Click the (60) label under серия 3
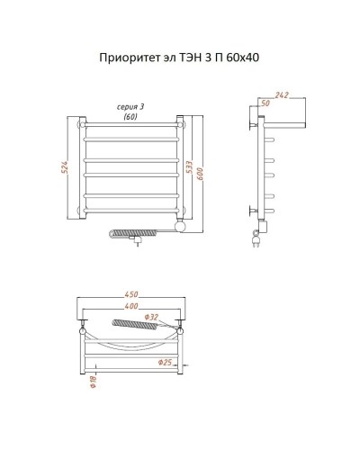click(x=130, y=117)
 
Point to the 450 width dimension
click(x=130, y=293)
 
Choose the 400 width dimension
click(x=130, y=306)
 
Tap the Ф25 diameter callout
click(x=165, y=363)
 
